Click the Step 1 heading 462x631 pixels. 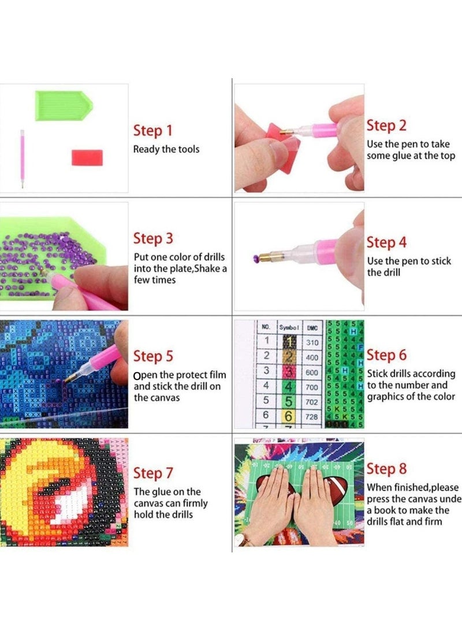152,130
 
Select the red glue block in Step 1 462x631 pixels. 87,157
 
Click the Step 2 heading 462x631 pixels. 386,126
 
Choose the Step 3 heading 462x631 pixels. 152,238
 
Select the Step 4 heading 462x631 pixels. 386,242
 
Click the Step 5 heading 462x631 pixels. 152,356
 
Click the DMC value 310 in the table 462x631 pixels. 312,342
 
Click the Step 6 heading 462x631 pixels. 386,355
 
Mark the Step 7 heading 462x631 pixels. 152,473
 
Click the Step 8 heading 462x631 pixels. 386,468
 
